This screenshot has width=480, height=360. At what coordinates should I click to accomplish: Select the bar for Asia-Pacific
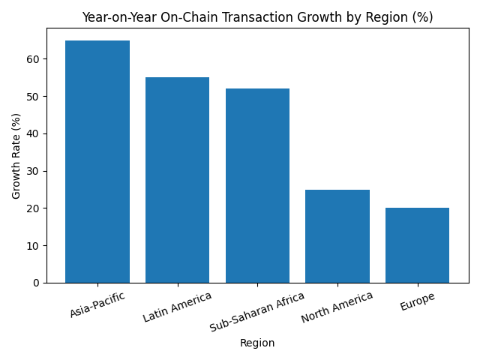click(97, 161)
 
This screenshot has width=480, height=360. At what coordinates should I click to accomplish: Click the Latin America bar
click(177, 180)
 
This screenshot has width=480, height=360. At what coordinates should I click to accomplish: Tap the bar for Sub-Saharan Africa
click(257, 185)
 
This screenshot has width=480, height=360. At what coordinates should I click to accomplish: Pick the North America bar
click(337, 236)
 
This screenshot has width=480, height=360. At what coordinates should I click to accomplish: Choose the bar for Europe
click(417, 245)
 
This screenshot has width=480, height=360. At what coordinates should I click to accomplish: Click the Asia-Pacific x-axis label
click(97, 304)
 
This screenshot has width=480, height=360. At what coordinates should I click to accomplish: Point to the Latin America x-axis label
click(177, 307)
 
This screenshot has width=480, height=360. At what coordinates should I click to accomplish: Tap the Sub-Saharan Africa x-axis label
click(257, 311)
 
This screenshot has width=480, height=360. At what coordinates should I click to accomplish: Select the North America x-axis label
click(337, 307)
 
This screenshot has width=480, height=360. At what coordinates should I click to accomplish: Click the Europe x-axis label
click(417, 301)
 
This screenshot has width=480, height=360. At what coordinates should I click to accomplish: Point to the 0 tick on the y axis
click(36, 283)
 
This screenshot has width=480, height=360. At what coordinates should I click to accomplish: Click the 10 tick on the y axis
click(33, 245)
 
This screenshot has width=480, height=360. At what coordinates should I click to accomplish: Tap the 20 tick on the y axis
click(33, 208)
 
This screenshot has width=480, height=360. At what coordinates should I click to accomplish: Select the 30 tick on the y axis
click(33, 171)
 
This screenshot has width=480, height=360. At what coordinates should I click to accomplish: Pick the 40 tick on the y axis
click(33, 133)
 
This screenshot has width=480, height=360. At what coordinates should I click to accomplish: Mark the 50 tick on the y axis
click(33, 96)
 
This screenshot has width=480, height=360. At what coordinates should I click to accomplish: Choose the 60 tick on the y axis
click(33, 59)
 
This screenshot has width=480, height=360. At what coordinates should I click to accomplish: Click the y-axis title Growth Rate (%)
click(16, 156)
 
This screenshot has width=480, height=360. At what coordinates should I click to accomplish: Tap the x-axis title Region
click(257, 343)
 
